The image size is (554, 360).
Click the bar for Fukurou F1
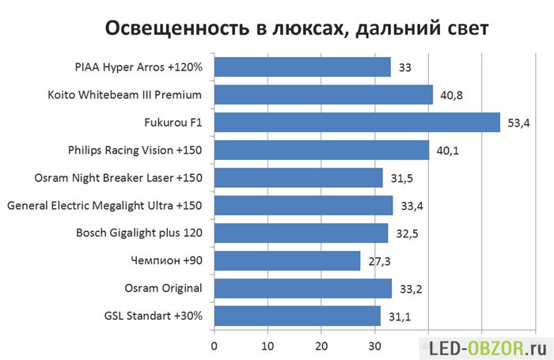coord(357,122)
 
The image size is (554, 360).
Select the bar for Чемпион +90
coord(287,261)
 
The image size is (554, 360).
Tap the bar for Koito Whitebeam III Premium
coord(324,95)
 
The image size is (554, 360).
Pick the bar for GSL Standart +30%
coord(298,316)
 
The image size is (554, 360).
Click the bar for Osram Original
coord(303,288)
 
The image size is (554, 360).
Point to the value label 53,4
coord(518,123)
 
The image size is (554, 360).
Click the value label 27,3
coord(379,261)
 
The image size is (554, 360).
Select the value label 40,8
coord(452,96)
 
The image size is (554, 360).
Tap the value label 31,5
coord(402,178)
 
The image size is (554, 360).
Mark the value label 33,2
coord(411,289)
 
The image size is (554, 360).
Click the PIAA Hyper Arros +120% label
coord(138,67)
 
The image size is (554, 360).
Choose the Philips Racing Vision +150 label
coord(135,150)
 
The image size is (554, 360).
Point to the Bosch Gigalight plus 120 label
coord(139,233)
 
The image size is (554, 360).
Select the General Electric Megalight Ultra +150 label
coord(104,206)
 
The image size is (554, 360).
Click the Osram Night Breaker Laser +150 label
coord(119,178)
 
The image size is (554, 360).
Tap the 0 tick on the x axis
coord(214,347)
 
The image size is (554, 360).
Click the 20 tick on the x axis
coord(321,347)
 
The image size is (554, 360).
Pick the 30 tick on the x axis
coord(374,347)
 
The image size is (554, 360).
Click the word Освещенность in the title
coord(177,28)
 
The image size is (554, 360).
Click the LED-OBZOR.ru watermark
coord(488,349)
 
